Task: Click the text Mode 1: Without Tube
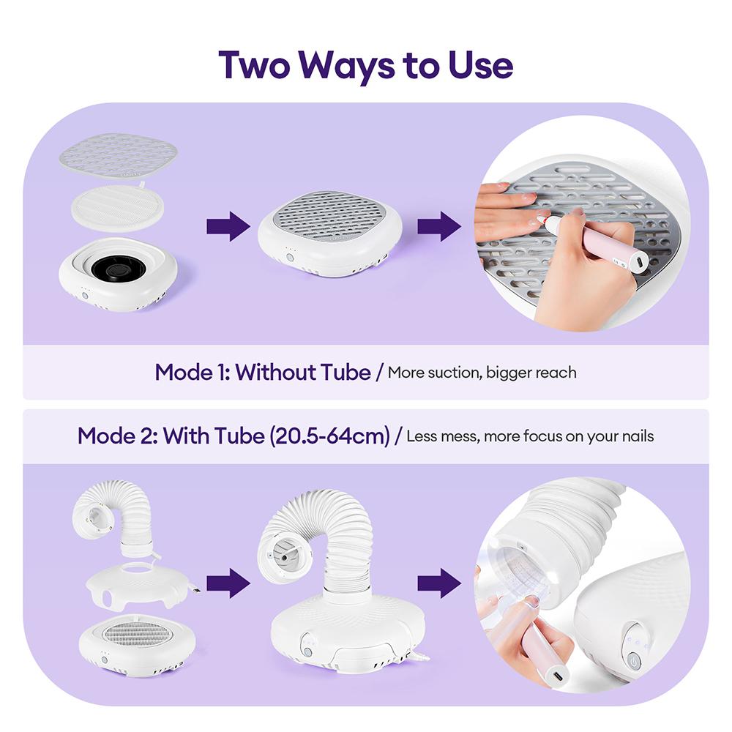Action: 263,372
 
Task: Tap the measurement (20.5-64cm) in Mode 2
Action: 329,436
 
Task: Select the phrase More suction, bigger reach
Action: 482,373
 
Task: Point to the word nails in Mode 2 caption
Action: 634,437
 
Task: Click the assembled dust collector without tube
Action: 329,229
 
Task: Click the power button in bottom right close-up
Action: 634,660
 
